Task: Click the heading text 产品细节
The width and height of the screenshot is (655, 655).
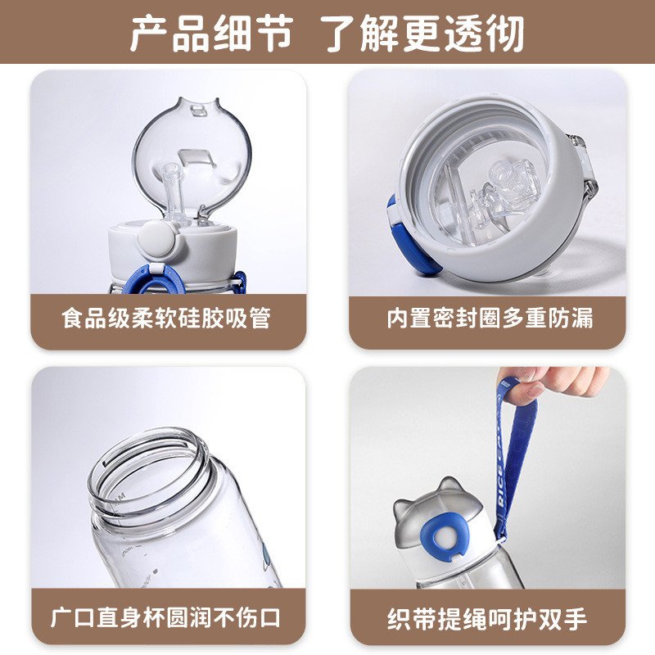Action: [211, 33]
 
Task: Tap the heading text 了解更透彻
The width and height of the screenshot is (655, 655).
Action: [424, 33]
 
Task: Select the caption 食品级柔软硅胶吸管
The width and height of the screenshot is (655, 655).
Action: [167, 318]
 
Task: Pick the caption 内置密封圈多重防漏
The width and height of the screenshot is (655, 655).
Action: [490, 318]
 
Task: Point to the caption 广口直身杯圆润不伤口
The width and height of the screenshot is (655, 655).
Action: [166, 617]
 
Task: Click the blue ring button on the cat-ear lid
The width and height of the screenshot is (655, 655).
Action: [445, 535]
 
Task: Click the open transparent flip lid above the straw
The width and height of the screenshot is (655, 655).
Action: [192, 154]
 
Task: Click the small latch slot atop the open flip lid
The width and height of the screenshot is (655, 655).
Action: [199, 111]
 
